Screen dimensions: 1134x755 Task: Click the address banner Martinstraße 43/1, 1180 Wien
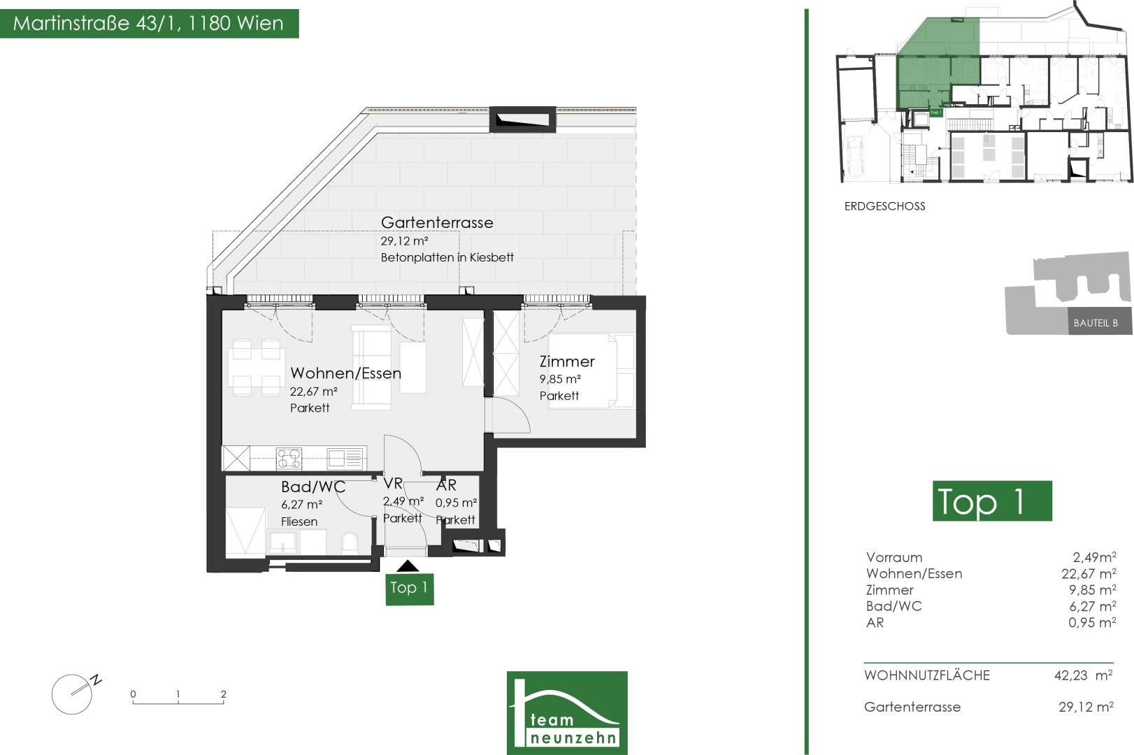click(150, 23)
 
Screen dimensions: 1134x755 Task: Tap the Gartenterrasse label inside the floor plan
click(437, 222)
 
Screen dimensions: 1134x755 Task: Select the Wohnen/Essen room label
click(346, 373)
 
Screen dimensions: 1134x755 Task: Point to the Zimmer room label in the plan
click(566, 361)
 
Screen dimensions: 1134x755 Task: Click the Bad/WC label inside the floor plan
click(313, 487)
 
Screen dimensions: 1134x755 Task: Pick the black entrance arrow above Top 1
click(408, 566)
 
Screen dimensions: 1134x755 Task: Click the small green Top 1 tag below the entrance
click(410, 589)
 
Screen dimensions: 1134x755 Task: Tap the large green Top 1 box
click(992, 501)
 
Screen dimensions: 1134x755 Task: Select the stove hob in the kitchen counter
click(289, 459)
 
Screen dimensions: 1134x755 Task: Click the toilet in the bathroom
click(350, 542)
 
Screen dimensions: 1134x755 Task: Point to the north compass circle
click(72, 694)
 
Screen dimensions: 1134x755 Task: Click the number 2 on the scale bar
click(223, 693)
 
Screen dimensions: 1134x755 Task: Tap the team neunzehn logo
click(567, 712)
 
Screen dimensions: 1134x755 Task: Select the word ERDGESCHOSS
click(884, 206)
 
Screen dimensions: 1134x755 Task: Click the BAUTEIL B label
click(1096, 323)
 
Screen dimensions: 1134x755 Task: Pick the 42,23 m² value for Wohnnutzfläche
click(1084, 675)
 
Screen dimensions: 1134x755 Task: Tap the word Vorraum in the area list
click(894, 558)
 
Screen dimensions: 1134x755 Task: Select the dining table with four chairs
click(256, 368)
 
